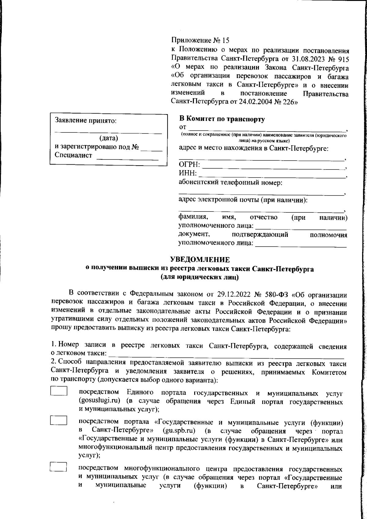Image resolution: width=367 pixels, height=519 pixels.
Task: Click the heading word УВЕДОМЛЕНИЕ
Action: coord(200,260)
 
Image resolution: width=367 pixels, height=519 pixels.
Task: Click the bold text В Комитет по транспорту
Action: coord(222,119)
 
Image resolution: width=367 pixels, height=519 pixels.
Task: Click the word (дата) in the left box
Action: coord(109,138)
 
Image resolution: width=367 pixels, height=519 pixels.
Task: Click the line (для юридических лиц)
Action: coord(199,278)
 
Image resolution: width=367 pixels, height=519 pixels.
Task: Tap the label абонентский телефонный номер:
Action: coord(230,183)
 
